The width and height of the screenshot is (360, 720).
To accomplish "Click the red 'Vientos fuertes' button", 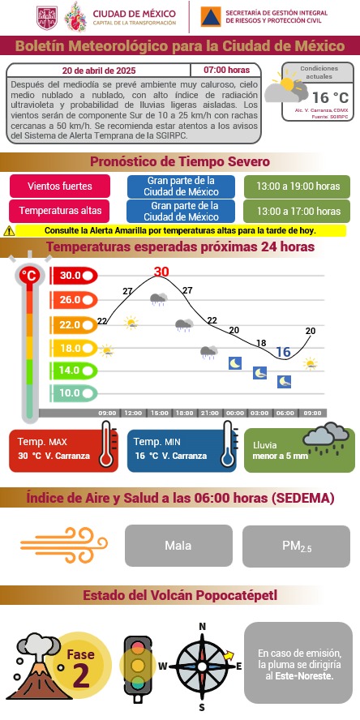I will point(60,186).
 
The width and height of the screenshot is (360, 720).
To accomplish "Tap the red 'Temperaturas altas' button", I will point(60,211).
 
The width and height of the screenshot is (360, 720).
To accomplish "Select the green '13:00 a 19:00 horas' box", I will point(298,186).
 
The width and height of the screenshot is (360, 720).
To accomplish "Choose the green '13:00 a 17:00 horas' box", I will point(298,211).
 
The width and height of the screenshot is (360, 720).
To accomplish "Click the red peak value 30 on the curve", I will point(161,272).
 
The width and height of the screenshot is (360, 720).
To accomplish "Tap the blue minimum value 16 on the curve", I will point(283,351).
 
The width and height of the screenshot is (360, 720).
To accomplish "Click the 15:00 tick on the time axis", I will point(160,413).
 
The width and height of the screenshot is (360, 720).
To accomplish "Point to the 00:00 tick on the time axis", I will point(234,413).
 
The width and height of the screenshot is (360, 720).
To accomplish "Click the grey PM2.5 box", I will point(297,545).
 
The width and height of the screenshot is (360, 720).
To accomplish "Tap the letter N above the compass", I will point(202,627).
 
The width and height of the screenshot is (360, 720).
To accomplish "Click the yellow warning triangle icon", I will point(9,230).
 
